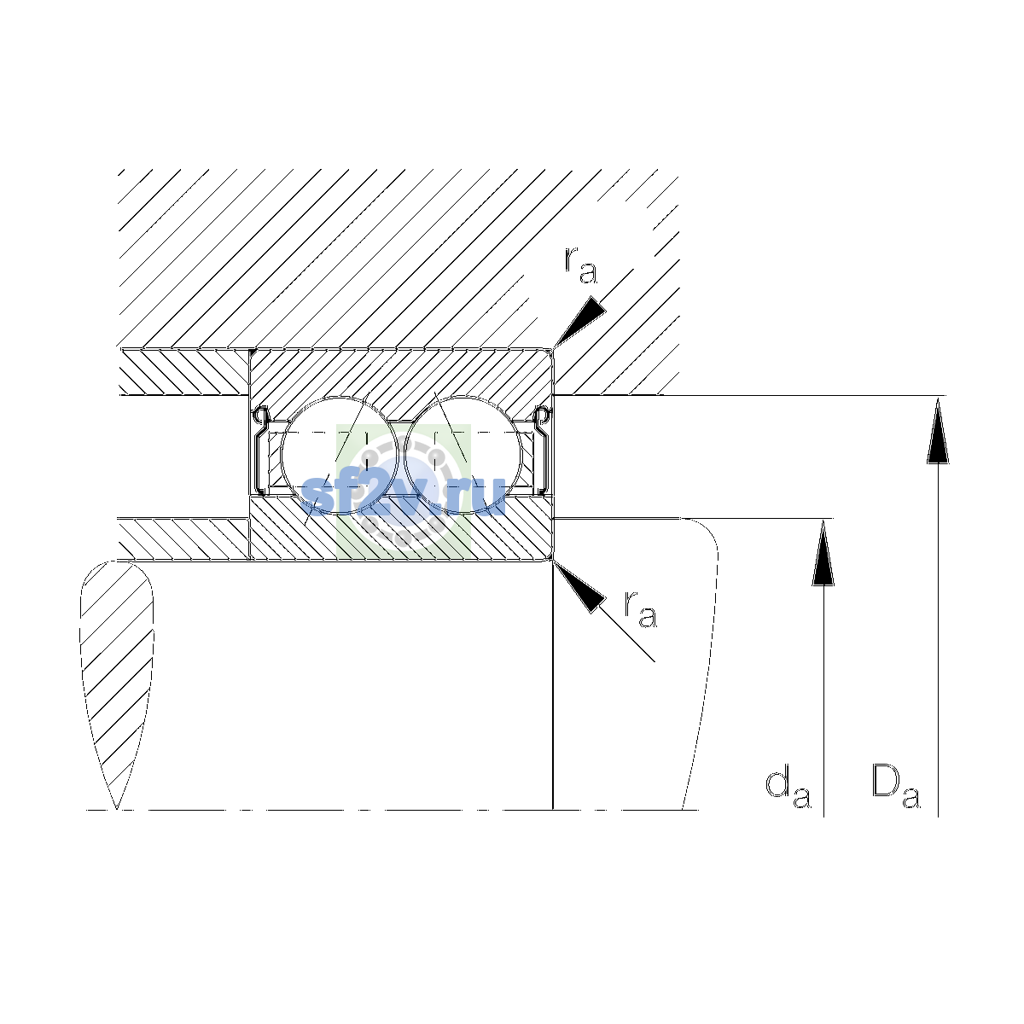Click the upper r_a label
(x=580, y=265)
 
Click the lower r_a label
(x=640, y=608)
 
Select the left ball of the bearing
(x=340, y=456)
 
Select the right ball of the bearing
(x=463, y=456)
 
